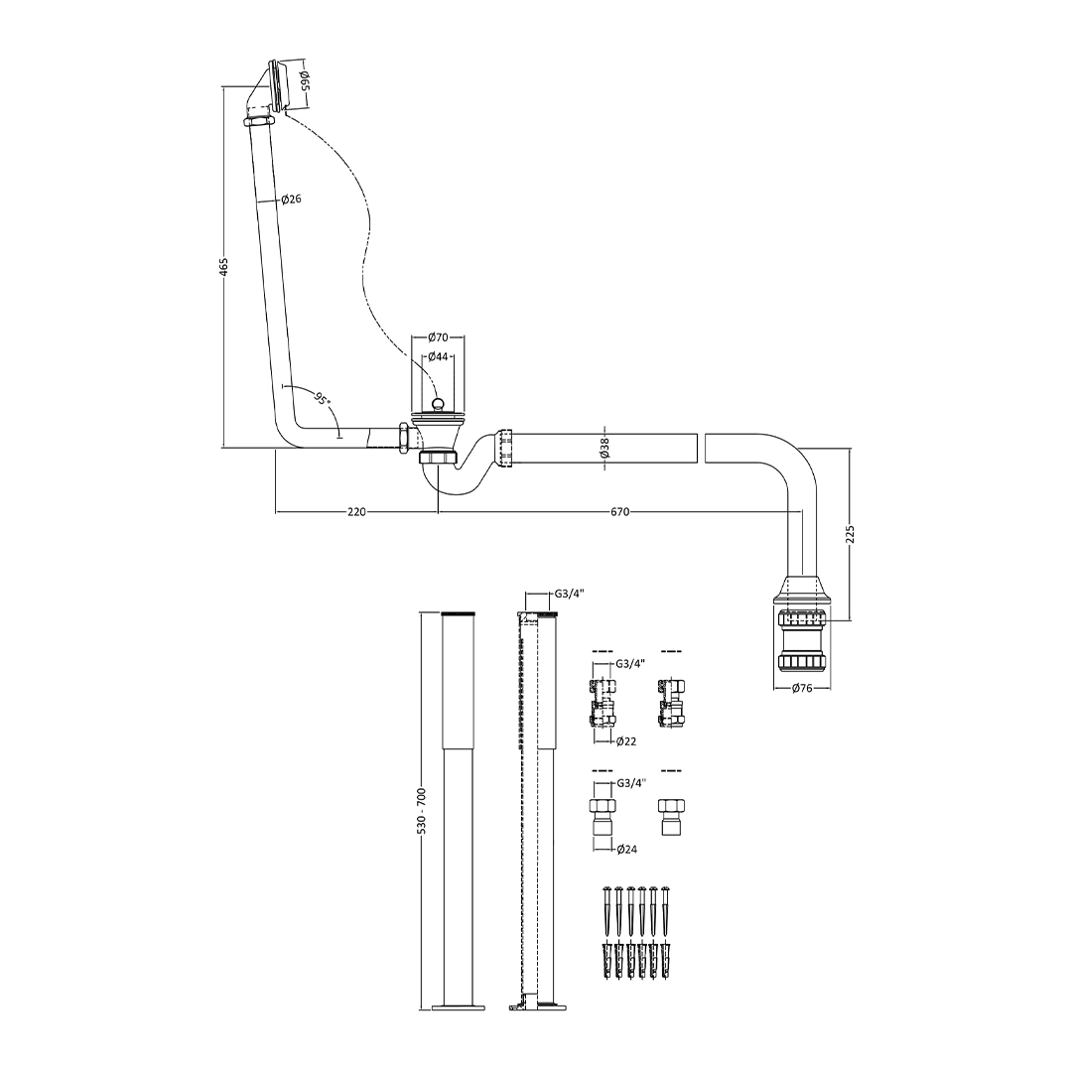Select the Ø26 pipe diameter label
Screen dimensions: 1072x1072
(291, 199)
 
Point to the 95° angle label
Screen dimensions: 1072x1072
(322, 397)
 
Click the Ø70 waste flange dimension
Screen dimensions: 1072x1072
(438, 337)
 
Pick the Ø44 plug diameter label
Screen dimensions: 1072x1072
(438, 356)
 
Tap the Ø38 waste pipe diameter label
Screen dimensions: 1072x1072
(605, 449)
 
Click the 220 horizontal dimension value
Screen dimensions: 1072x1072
(357, 511)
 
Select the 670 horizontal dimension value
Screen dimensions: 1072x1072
(619, 511)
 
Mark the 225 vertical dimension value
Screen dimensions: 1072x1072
(851, 534)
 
